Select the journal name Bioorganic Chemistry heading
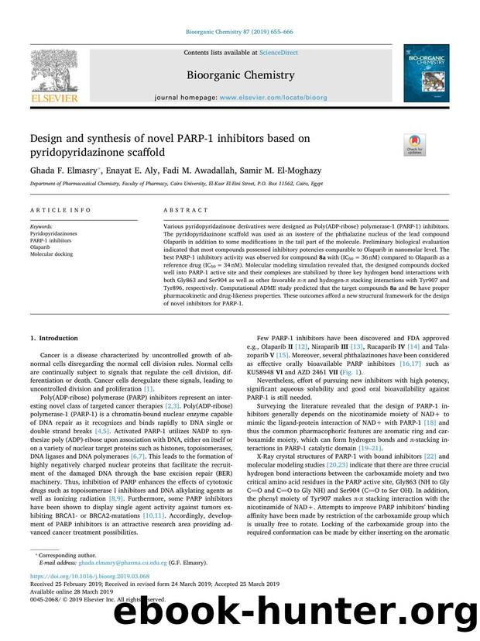click(x=239, y=75)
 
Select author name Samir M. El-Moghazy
click(x=256, y=169)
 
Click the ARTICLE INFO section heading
click(x=55, y=210)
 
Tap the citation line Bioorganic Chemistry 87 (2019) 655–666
click(x=239, y=33)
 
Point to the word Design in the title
click(x=48, y=138)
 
